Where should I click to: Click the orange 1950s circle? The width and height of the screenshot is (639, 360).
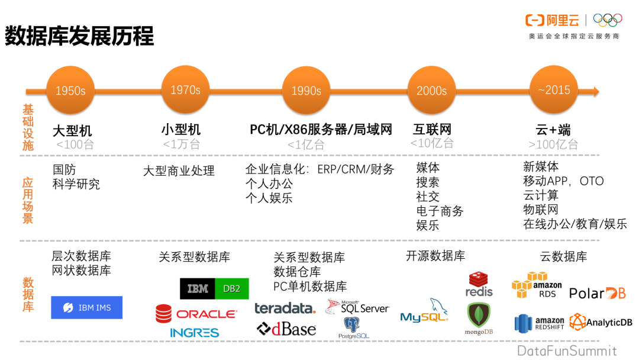[70, 91]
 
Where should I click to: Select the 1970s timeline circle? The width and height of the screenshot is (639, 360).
[185, 90]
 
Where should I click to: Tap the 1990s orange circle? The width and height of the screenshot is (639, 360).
[306, 91]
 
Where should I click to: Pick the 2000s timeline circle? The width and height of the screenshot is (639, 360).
[431, 91]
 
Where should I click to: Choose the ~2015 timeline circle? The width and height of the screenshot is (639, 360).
[553, 90]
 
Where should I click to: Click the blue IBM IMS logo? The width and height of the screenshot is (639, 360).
[87, 308]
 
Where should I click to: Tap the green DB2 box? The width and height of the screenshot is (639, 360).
[231, 289]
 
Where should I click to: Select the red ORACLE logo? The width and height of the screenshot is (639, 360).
[195, 314]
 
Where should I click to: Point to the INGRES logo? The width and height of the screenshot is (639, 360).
[195, 333]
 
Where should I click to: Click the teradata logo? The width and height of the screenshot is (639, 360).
[285, 308]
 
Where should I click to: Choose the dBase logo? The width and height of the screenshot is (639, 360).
[286, 329]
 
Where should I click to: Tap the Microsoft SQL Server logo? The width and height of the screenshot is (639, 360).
[357, 307]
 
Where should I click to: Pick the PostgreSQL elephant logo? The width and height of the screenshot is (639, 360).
[353, 327]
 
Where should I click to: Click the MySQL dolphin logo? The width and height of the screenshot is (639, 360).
[424, 312]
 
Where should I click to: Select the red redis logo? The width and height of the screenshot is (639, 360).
[479, 284]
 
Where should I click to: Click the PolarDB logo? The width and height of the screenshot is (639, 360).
[597, 293]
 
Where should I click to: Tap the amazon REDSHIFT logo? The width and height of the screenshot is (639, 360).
[539, 323]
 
